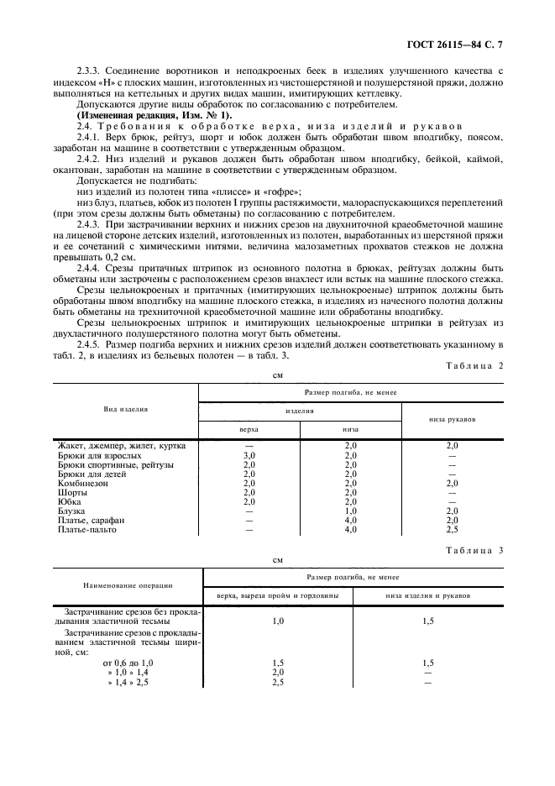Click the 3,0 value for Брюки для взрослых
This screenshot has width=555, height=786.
pos(249,455)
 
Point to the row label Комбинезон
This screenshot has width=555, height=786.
pos(84,484)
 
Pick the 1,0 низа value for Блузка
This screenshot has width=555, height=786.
pos(350,511)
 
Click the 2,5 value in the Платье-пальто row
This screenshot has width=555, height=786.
pos(452,530)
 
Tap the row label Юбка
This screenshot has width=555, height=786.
pos(70,502)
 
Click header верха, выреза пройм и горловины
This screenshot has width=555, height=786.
pos(278,595)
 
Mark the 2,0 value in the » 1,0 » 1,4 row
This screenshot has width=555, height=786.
pos(278,673)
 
